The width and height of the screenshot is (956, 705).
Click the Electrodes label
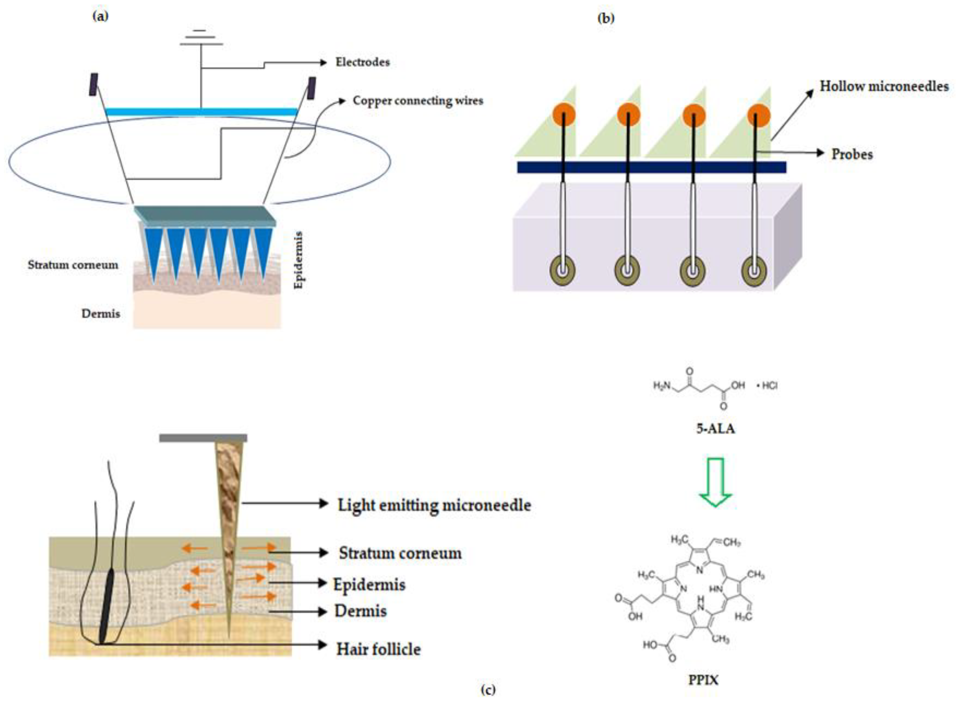click(362, 62)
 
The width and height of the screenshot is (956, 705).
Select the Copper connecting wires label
click(418, 101)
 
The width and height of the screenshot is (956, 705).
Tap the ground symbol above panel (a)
click(201, 38)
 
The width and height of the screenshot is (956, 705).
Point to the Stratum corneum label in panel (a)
click(73, 265)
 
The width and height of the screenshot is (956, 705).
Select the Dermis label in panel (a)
click(101, 314)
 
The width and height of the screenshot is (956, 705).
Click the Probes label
click(852, 154)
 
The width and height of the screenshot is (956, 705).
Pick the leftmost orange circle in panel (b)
click(564, 115)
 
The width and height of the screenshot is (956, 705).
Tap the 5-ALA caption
click(716, 428)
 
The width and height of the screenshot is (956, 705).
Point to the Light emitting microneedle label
click(434, 505)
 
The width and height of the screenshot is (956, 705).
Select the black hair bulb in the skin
click(106, 606)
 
